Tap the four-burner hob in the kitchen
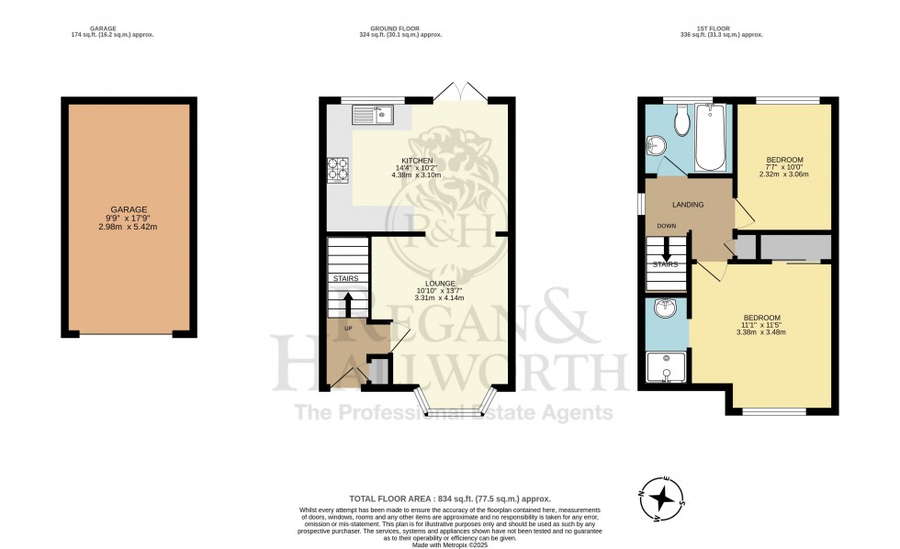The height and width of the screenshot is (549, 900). point(338,169)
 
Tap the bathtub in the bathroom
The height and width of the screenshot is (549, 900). point(711,138)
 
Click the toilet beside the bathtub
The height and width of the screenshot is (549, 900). point(681,119)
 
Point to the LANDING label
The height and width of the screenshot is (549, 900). point(688,205)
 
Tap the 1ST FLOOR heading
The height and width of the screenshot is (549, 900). point(734,28)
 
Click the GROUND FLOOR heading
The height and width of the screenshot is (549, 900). point(399,28)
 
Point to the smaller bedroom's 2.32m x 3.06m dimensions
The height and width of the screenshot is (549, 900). point(785,174)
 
